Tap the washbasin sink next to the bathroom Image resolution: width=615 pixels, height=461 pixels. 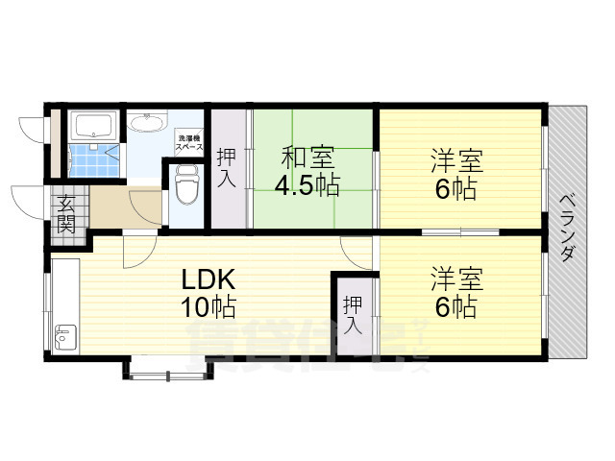coord(147,124)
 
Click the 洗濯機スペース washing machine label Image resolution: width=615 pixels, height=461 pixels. coord(189,144)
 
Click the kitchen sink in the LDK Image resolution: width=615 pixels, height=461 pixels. coord(65,337)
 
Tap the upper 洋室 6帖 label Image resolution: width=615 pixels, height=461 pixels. coord(455,174)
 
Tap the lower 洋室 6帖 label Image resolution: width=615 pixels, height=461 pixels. coord(455,293)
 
